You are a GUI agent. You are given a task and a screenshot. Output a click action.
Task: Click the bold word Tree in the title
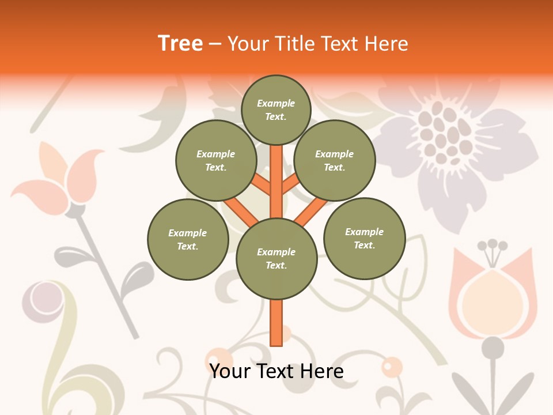tap(180, 43)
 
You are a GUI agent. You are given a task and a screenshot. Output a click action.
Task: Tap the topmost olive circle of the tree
tap(276, 110)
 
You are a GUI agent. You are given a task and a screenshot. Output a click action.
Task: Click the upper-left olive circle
tap(216, 160)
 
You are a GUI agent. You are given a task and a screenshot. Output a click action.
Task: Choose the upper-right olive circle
tap(335, 160)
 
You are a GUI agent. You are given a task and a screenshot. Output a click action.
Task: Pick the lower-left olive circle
tap(188, 239)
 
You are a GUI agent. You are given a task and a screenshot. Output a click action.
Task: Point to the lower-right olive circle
tap(365, 238)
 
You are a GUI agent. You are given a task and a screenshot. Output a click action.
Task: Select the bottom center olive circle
tap(276, 258)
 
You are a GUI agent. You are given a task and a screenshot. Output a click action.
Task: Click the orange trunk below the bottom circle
tap(276, 323)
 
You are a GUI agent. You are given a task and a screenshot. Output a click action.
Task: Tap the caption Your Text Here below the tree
tap(276, 371)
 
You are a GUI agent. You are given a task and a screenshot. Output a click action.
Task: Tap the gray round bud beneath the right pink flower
tap(493, 347)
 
